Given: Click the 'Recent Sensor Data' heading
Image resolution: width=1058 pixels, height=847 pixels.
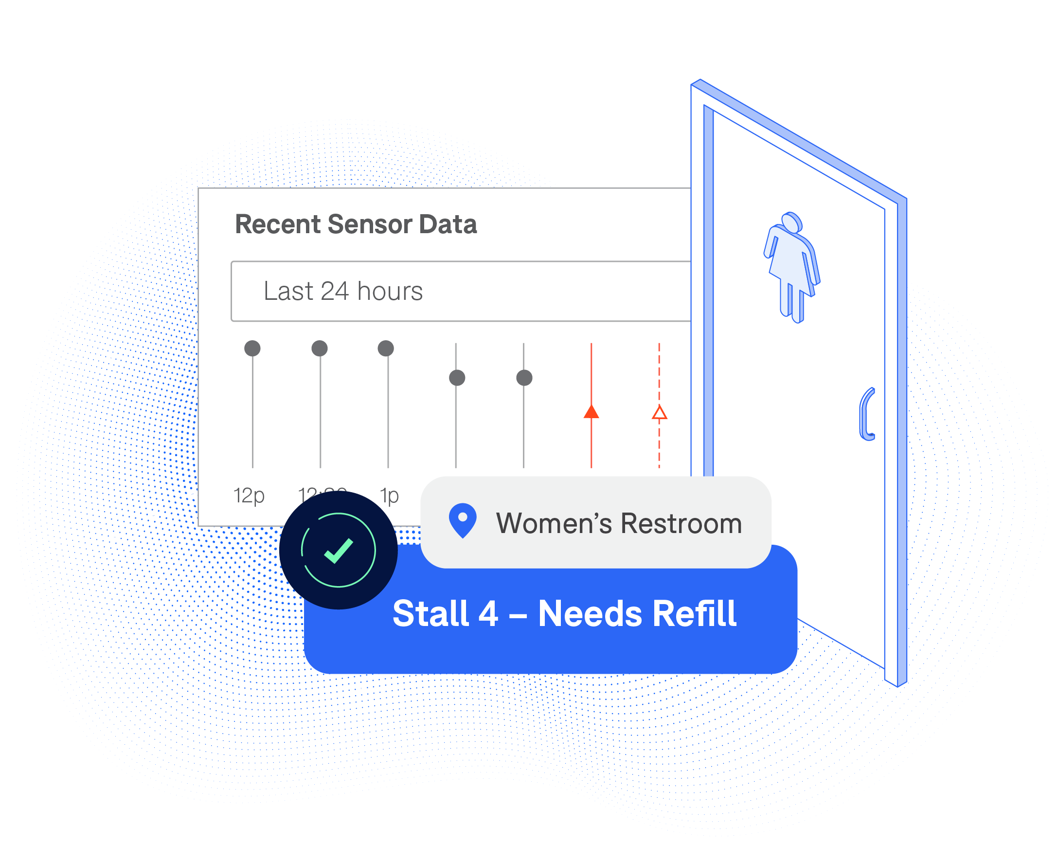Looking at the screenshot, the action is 356,224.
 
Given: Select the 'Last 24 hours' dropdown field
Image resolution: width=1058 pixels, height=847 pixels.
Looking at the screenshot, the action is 460,291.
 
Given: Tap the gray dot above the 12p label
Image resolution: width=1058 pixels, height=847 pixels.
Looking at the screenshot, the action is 252,348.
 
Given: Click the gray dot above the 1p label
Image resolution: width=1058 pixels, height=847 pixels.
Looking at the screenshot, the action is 386,348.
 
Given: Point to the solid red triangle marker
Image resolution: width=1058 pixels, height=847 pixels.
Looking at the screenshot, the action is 592,412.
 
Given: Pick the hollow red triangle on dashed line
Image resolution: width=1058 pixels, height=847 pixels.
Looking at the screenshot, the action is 659,413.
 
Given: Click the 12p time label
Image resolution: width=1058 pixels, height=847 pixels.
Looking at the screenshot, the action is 249,496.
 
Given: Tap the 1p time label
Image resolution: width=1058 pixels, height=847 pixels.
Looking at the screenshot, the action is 389,496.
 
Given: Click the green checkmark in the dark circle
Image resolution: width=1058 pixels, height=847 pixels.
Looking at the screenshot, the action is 339,551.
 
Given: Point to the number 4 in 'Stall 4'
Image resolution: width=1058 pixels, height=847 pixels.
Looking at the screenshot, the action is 488,614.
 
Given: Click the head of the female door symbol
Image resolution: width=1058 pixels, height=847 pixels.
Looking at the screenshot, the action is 791,221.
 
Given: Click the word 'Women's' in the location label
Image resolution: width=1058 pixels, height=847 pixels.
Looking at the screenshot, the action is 554,523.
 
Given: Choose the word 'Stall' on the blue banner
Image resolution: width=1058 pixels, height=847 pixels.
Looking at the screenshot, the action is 430,614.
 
